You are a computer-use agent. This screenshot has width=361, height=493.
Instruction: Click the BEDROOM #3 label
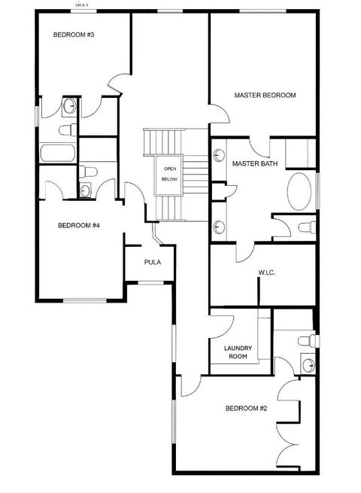coord(73,35)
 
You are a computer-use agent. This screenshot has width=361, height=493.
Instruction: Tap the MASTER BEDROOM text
coord(264,96)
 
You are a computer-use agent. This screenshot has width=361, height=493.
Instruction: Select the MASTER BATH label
coord(254,163)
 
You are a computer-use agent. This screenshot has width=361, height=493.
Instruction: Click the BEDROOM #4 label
coord(80,225)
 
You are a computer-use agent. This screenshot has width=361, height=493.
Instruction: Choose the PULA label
coord(153,262)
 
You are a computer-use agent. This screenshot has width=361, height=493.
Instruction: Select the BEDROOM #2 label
coord(247,409)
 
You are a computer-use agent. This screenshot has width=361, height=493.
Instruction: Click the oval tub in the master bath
coord(300,191)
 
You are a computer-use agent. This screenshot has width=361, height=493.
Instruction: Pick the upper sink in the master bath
coord(219,156)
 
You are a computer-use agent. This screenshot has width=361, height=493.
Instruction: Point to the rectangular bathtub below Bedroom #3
coord(58,153)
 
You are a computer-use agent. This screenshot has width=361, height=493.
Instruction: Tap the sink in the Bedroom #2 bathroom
coord(308,366)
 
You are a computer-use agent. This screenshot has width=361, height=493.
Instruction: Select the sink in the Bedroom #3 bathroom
coord(68,106)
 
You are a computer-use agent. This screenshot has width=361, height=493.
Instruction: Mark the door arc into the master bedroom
coord(219,114)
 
